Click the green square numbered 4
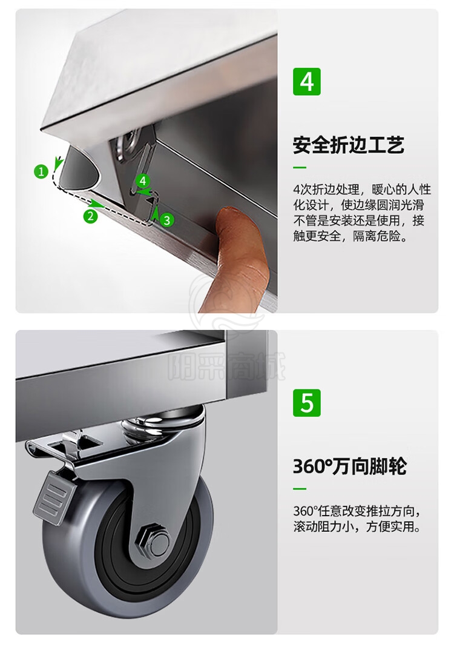(307, 82)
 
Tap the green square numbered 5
(307, 403)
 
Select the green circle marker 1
(41, 171)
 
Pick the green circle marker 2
(90, 216)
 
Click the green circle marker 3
(167, 220)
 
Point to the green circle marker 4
(143, 181)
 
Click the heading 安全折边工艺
(349, 145)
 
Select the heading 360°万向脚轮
(349, 466)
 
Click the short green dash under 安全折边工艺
(300, 168)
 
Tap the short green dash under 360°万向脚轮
(300, 489)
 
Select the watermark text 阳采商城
(227, 366)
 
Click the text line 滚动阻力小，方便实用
(357, 526)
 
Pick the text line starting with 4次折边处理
(362, 190)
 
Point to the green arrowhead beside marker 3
(155, 214)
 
